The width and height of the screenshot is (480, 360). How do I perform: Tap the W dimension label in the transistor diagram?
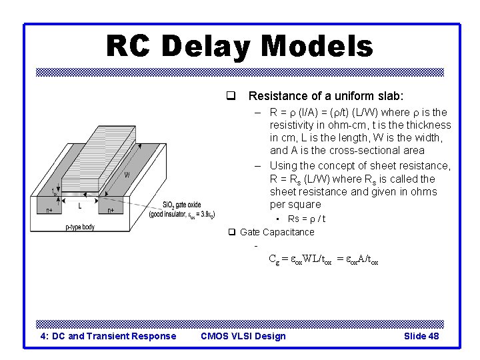pos(126,175)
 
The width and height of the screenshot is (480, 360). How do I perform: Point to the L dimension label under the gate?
pos(80,205)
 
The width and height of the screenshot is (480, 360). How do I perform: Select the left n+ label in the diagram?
pos(49,210)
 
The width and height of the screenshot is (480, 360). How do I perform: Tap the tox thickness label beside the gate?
pos(55,192)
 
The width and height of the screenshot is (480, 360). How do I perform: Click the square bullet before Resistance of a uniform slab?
pos(231,96)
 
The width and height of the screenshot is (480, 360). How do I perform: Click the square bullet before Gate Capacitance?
pos(232,232)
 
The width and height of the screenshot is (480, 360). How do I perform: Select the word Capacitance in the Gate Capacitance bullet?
pos(288,232)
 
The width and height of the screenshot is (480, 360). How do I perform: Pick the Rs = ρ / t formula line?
pos(306,219)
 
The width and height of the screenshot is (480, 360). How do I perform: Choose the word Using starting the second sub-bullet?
pos(284,165)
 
